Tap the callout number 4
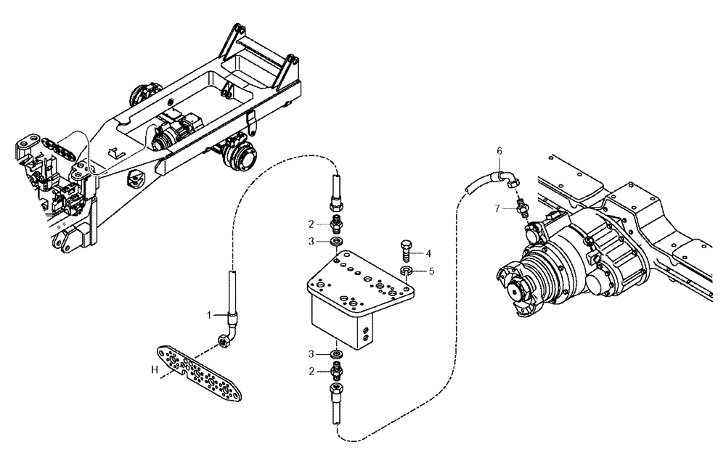pyautogui.click(x=428, y=253)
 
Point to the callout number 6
pyautogui.click(x=499, y=150)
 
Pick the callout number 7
pyautogui.click(x=498, y=208)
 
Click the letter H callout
pyautogui.click(x=154, y=370)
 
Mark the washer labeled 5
pyautogui.click(x=407, y=272)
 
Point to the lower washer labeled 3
pyautogui.click(x=336, y=353)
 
